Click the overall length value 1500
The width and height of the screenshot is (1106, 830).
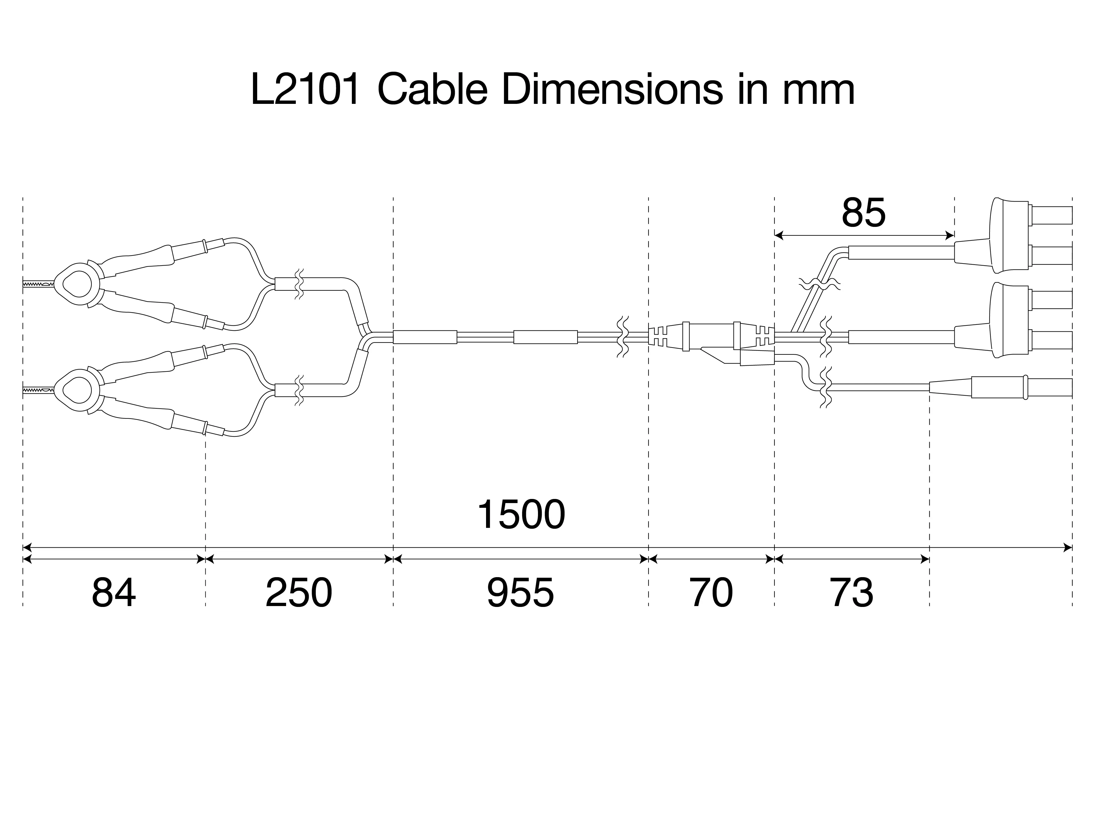point(521,515)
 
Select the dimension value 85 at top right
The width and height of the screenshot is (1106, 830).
point(864,213)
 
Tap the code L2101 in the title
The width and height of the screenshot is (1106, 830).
point(305,90)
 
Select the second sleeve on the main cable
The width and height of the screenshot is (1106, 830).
point(546,337)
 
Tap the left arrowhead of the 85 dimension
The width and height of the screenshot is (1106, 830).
point(777,235)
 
